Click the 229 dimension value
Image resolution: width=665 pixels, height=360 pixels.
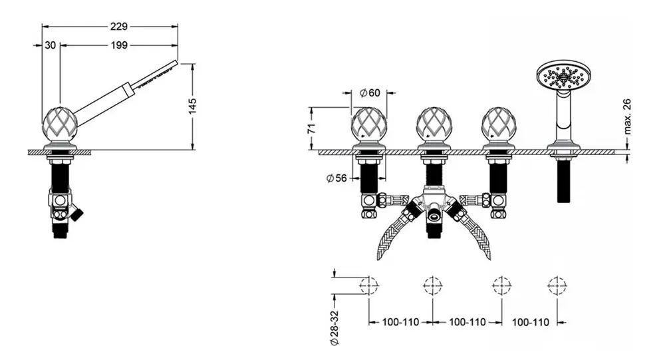119,27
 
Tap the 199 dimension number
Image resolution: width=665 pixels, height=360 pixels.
119,45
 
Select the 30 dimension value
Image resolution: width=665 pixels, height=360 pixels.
50,45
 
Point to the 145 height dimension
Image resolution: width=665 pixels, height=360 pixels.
193,106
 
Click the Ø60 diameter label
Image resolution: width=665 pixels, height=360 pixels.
370,92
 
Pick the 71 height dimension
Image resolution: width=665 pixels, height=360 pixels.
312,128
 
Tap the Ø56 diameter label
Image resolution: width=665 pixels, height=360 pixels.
336,178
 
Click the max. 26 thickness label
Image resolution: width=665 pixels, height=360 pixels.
627,116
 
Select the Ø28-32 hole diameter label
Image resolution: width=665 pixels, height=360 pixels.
334,327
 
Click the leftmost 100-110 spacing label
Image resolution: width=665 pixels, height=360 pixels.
400,322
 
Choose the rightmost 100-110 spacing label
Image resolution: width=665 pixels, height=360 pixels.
530,322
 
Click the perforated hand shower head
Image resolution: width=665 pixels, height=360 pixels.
564,77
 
